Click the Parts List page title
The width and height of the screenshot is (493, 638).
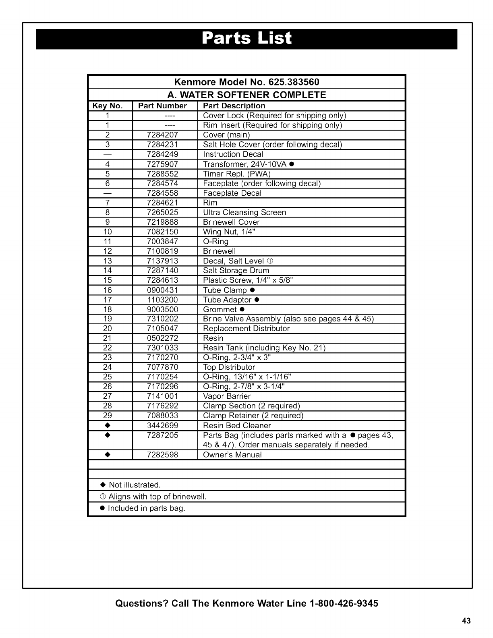246,39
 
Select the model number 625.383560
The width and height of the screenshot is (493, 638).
293,82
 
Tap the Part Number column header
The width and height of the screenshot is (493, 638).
162,106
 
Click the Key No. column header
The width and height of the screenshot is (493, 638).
107,106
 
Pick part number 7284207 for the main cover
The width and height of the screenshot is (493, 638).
162,135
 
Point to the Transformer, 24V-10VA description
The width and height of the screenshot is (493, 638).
245,164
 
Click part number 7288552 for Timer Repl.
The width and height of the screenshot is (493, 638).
162,174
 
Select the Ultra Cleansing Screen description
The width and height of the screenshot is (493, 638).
244,213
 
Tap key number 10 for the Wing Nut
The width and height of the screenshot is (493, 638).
107,232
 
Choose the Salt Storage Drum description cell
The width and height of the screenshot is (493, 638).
236,271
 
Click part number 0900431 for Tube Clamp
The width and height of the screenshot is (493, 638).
162,290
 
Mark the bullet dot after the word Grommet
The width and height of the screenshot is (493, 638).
242,309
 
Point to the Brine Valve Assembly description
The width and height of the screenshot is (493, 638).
288,319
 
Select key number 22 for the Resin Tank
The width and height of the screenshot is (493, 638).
107,348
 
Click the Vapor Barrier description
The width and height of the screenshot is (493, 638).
227,396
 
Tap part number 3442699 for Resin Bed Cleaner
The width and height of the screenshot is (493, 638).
162,426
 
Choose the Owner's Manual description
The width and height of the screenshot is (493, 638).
232,455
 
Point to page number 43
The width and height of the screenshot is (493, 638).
466,621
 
